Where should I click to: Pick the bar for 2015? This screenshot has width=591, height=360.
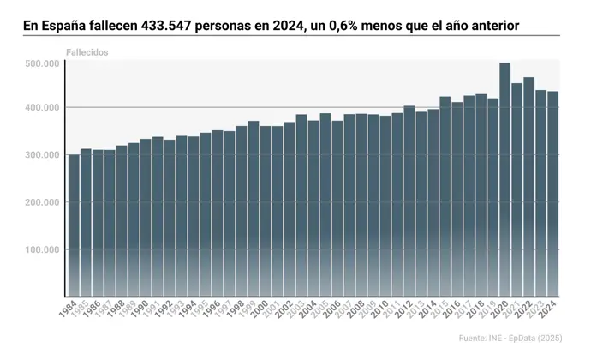coord(445,196)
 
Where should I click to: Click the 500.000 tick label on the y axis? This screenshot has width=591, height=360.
coord(42,64)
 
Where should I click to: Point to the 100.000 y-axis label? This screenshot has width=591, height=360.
coord(42,250)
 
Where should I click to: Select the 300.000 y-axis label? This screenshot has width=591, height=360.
coord(42,155)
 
